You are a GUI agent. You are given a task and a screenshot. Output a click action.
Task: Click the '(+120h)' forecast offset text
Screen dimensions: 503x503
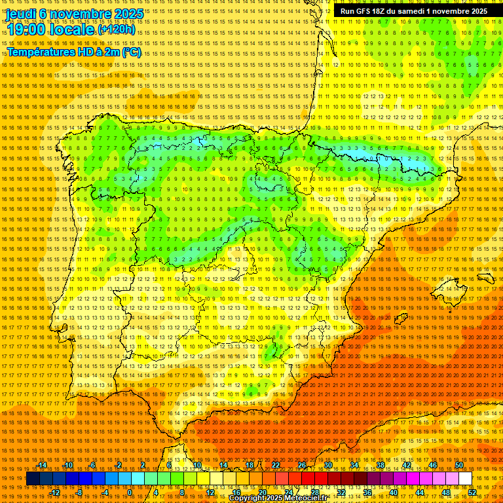117,29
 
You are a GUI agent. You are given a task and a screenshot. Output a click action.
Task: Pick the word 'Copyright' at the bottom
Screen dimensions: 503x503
247,498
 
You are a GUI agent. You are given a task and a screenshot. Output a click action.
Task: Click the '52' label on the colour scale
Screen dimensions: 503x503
472,493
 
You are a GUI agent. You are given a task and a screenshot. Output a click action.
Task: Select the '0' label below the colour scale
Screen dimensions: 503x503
130,493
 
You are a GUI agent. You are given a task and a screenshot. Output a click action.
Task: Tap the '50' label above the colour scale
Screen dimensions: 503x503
459,465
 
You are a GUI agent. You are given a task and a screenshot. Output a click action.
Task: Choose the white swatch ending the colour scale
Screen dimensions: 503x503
466,479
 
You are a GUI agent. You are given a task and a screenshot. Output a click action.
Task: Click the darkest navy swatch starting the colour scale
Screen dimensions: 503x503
33,479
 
